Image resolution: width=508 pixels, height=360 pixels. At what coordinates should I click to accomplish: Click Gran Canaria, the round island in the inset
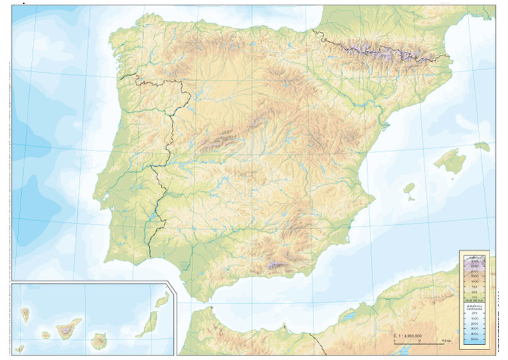[100, 341]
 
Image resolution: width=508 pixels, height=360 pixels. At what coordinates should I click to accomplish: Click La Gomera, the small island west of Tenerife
[46, 336]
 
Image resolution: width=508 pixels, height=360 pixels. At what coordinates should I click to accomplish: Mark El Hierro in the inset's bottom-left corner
[20, 348]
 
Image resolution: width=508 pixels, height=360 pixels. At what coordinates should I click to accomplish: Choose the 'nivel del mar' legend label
[475, 300]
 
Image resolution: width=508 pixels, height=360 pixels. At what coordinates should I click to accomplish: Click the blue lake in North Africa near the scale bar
[349, 318]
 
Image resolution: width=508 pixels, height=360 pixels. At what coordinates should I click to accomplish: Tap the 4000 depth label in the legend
[475, 335]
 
